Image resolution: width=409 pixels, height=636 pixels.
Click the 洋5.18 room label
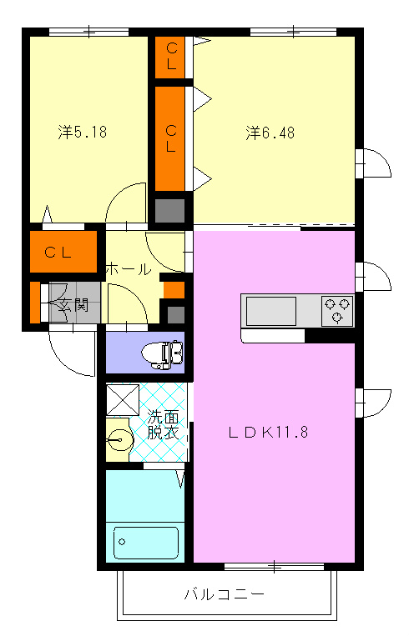pyautogui.click(x=83, y=133)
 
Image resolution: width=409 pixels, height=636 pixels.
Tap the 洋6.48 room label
pyautogui.click(x=270, y=133)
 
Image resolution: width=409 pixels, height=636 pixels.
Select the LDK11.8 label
pyautogui.click(x=269, y=432)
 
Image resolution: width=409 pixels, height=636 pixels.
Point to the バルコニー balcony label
pyautogui.click(x=225, y=594)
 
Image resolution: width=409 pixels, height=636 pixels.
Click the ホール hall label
pyautogui.click(x=129, y=269)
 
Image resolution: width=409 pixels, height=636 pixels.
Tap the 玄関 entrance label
pyautogui.click(x=73, y=304)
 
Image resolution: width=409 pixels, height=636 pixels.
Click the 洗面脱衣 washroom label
pyautogui.click(x=163, y=424)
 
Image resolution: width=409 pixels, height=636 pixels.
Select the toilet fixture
pyautogui.click(x=163, y=354)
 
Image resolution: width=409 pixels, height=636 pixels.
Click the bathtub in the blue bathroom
pyautogui.click(x=146, y=543)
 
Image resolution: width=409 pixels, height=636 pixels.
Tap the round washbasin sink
pyautogui.click(x=120, y=439)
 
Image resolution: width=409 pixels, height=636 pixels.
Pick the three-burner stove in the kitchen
pyautogui.click(x=337, y=311)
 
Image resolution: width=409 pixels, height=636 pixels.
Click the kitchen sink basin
pyautogui.click(x=271, y=311)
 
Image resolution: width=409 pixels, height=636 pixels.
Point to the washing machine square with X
pyautogui.click(x=123, y=400)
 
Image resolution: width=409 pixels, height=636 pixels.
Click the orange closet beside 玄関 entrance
pyautogui.click(x=35, y=303)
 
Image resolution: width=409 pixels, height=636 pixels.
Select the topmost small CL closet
pyautogui.click(x=170, y=58)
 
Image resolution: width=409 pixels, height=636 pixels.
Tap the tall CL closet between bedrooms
pyautogui.click(x=170, y=138)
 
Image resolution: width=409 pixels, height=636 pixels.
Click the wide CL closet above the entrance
pyautogui.click(x=63, y=252)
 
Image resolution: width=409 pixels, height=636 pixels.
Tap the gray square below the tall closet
pyautogui.click(x=170, y=211)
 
